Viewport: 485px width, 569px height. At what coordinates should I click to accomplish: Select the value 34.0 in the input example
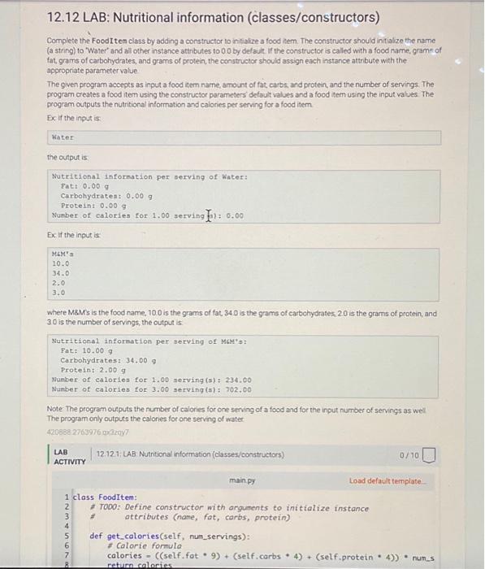pyautogui.click(x=61, y=273)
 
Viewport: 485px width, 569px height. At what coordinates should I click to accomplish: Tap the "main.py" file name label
pyautogui.click(x=242, y=480)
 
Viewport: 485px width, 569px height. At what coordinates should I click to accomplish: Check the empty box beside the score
pyautogui.click(x=432, y=456)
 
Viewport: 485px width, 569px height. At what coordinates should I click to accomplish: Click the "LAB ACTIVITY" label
pyautogui.click(x=68, y=456)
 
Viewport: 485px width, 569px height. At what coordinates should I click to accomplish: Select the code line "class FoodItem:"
pyautogui.click(x=106, y=497)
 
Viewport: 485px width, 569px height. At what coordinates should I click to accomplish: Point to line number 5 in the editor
pyautogui.click(x=66, y=536)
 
